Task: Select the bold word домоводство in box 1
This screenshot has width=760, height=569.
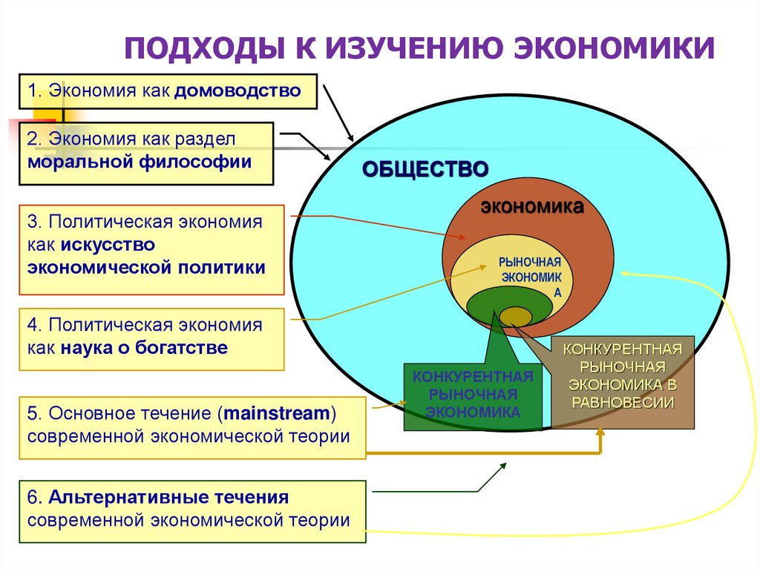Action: [x=238, y=92]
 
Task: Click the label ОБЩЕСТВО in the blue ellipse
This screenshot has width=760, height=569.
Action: [x=425, y=169]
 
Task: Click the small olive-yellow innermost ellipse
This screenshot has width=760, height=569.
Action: [x=515, y=317]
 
